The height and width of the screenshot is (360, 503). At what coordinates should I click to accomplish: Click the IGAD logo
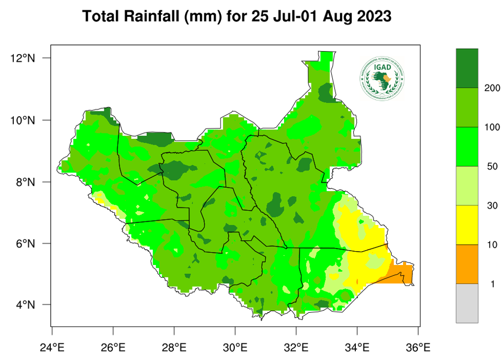382,78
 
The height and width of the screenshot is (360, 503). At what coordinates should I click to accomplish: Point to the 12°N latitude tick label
23,58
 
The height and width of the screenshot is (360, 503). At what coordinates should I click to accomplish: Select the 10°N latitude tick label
23,120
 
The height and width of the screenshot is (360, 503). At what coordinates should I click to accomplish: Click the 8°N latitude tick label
26,182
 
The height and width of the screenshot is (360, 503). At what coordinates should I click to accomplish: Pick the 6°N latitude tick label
26,243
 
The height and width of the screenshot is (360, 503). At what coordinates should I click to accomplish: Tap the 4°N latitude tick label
26,305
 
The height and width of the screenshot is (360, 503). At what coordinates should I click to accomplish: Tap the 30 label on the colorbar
491,205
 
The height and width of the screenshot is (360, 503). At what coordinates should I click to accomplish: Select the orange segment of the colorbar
467,264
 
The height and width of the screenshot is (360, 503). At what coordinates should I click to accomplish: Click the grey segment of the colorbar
467,303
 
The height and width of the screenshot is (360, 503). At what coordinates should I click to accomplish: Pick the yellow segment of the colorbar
467,225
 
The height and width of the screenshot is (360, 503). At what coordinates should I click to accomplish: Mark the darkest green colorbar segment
467,68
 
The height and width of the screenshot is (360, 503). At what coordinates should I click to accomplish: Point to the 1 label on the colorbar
489,284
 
